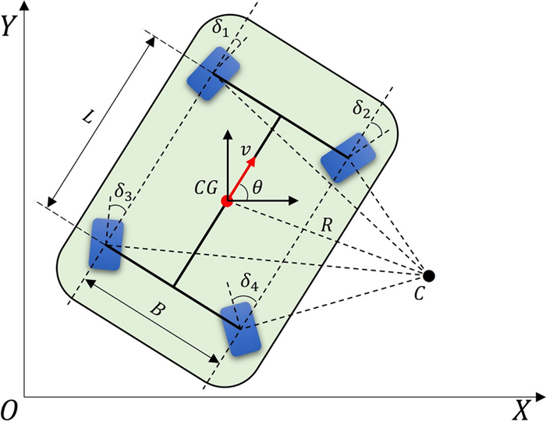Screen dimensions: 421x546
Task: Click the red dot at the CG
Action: click(x=226, y=201)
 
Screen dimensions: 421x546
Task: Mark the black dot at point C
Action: click(x=428, y=275)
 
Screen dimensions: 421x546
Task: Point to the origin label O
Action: click(x=10, y=409)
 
